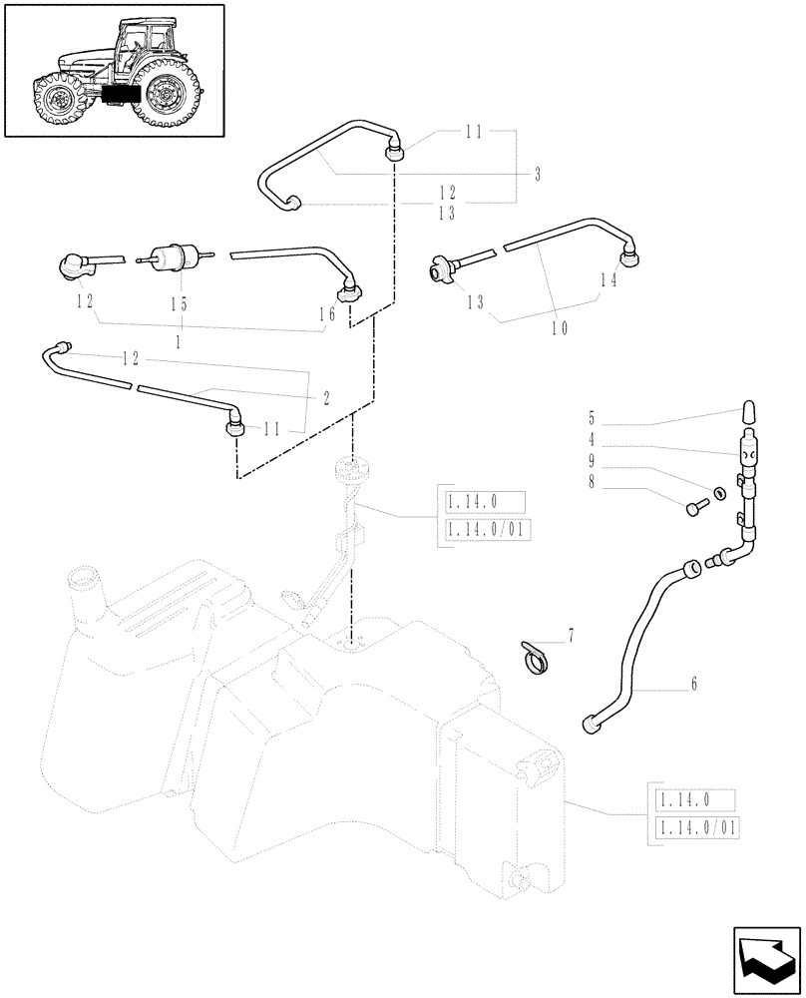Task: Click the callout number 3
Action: coord(537,176)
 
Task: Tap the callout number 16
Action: coord(326,313)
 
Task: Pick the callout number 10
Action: coord(559,327)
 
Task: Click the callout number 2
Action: coord(325,396)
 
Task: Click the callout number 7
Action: coord(571,635)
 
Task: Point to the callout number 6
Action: coord(693,685)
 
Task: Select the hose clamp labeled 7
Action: coord(535,660)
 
